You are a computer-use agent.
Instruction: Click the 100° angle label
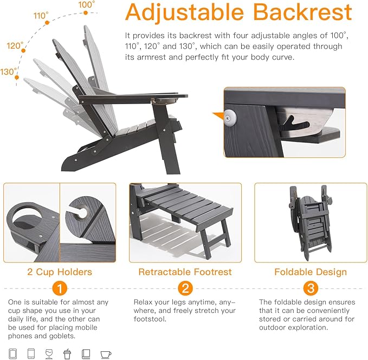86,4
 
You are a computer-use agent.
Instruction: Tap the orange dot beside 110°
47,23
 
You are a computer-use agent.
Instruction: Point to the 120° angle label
15,46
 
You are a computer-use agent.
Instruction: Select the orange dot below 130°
17,78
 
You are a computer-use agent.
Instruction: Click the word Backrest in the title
302,12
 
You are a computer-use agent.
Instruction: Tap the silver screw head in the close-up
230,118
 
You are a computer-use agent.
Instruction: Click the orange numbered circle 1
60,288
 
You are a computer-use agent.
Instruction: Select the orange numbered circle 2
185,288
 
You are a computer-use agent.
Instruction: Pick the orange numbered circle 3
311,288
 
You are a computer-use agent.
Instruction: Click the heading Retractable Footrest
185,272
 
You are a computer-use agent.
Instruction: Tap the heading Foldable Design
311,272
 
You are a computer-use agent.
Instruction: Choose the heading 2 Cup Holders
60,272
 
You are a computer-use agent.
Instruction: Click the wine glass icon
49,353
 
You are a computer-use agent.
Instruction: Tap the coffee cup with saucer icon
106,355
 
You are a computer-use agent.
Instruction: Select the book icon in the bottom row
86,353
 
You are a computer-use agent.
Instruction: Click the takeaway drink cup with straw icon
67,353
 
